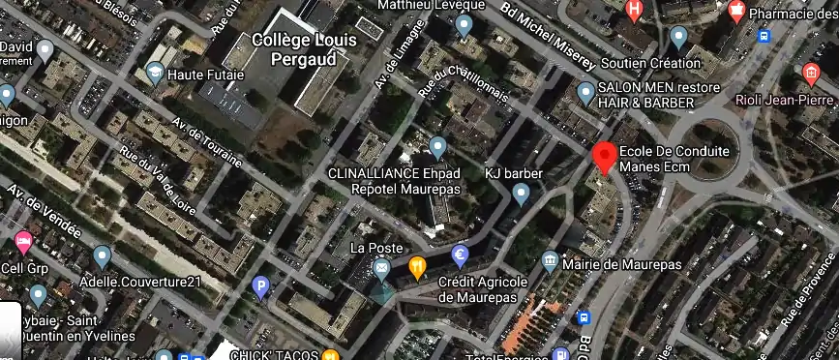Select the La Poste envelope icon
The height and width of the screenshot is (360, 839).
tap(381, 267)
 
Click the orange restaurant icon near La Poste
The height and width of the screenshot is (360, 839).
tap(417, 266)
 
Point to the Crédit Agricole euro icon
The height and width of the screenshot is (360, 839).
tap(460, 256)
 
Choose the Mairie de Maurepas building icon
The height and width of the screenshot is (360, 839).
tap(550, 261)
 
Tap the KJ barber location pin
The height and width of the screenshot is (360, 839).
tap(522, 195)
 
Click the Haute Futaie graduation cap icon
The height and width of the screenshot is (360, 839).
tap(155, 73)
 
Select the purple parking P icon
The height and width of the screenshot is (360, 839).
tap(259, 285)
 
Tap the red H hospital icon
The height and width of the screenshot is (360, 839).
tap(635, 11)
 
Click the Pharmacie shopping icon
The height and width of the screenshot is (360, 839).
tap(736, 13)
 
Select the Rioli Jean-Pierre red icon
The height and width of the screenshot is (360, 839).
tap(811, 72)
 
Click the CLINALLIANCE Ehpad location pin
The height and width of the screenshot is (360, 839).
tap(437, 148)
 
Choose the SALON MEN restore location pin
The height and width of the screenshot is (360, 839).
tap(585, 94)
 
